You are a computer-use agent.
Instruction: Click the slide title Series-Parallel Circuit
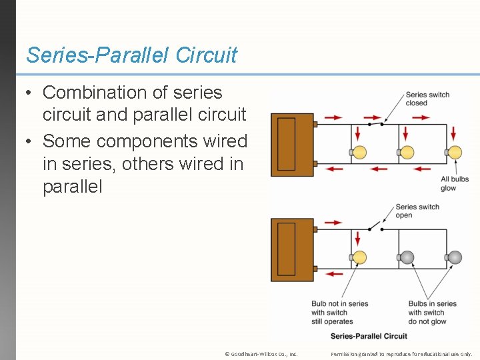pos(131,55)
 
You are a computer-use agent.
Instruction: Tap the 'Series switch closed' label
pos(427,99)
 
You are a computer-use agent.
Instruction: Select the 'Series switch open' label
pos(417,211)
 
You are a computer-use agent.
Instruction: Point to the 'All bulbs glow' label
pos(455,183)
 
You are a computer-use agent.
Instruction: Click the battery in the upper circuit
pos(292,145)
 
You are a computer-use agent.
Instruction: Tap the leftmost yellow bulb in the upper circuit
pos(359,152)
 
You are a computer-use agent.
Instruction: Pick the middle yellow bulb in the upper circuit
pos(407,152)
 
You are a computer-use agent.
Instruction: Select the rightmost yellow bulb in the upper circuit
pos(455,152)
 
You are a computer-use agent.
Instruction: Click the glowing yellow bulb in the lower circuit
pos(359,257)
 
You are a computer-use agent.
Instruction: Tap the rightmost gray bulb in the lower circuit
pos(455,257)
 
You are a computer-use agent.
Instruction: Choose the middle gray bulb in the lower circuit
pos(407,257)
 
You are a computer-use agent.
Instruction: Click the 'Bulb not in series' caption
pos(339,313)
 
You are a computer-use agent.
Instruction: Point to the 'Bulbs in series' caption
pos(433,313)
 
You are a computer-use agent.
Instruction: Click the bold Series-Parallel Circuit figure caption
pos(369,336)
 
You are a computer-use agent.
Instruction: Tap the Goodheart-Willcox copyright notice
pos(261,354)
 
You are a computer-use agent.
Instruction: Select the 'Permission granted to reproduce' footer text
pos(401,354)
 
